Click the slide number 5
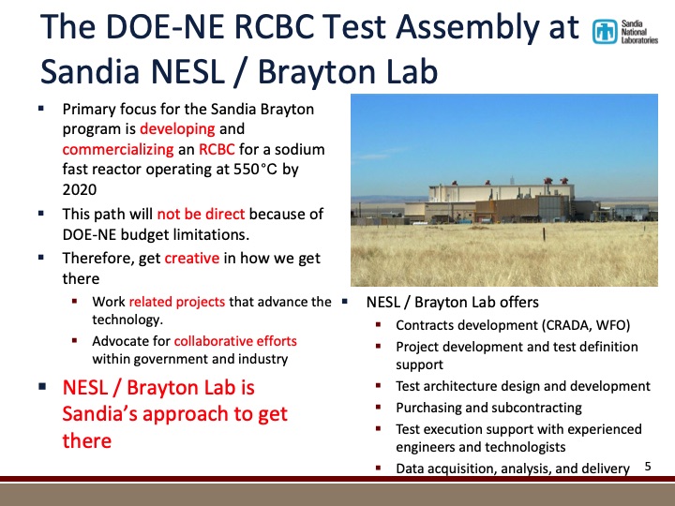pos(648,465)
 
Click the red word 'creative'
pos(191,258)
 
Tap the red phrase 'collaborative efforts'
pos(235,341)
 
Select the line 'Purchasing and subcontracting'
pos(488,408)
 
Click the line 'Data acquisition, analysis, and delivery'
pos(512,468)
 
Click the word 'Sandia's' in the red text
pos(102,413)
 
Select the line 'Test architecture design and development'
pos(522,386)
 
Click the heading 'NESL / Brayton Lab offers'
pos(452,303)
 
